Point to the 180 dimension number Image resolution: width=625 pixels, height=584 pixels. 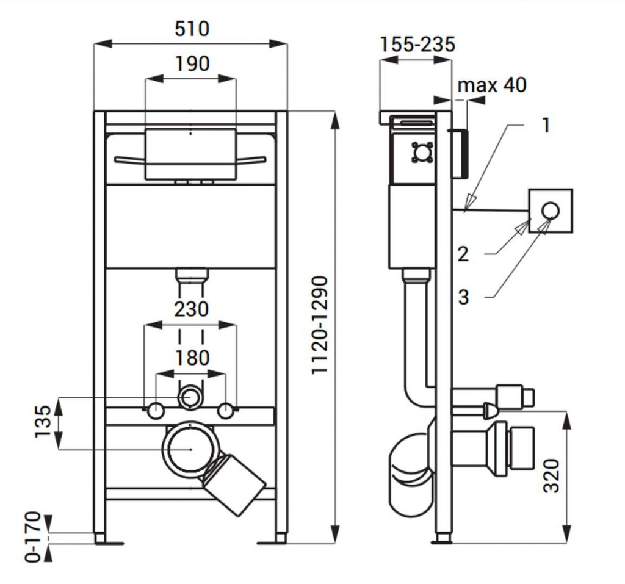coord(192,358)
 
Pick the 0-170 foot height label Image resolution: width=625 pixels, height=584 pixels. coord(34,537)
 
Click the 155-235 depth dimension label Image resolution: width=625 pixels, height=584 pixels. coord(417,44)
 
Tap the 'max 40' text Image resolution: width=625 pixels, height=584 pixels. coord(492,85)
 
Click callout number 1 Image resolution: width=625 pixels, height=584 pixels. coord(546,126)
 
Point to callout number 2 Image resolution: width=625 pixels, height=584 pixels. coord(463,254)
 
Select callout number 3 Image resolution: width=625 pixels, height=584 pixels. coord(463,297)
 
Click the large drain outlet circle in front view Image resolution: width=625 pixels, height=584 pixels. coord(190,449)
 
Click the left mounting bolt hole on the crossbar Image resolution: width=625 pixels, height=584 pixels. coord(156,410)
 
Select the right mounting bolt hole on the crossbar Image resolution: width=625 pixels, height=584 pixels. coord(227,410)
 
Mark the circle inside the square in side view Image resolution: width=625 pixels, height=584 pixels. coord(551,211)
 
